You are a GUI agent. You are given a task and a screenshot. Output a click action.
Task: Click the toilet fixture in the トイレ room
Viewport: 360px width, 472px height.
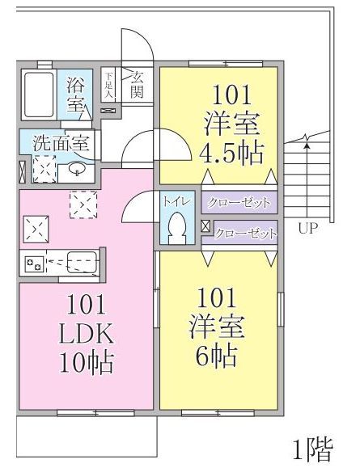click(x=176, y=229)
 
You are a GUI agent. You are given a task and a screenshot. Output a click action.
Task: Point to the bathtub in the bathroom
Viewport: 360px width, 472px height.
click(x=37, y=93)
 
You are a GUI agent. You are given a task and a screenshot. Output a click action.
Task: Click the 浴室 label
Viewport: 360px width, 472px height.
click(x=76, y=94)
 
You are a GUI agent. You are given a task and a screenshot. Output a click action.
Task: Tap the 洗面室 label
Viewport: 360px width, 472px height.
click(x=61, y=145)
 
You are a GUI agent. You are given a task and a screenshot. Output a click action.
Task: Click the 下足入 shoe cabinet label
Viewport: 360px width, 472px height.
click(x=109, y=84)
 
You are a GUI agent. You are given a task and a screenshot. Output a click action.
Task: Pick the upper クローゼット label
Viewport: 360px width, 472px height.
click(x=238, y=201)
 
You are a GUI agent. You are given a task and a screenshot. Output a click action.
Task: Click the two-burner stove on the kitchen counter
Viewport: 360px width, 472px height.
click(x=34, y=263)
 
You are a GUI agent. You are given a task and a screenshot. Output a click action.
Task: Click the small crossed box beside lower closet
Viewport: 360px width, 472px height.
click(x=205, y=227)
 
